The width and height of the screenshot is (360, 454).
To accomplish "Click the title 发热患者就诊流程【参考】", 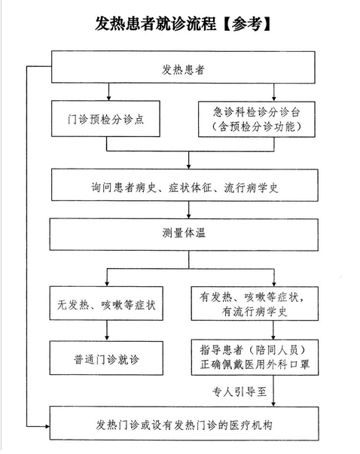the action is pyautogui.click(x=183, y=24).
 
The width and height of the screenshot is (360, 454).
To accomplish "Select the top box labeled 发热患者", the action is pyautogui.click(x=183, y=67).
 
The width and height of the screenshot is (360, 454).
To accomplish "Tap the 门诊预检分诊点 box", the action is pyautogui.click(x=105, y=118).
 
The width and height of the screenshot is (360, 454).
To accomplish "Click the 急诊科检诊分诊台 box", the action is pyautogui.click(x=257, y=119).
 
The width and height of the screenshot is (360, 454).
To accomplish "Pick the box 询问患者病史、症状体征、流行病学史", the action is pyautogui.click(x=185, y=185).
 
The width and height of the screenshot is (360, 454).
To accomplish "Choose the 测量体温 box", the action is pyautogui.click(x=184, y=234).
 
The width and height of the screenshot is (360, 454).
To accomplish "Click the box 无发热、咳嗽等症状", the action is pyautogui.click(x=106, y=303).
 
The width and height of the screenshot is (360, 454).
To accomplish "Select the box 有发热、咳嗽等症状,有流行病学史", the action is pyautogui.click(x=255, y=303).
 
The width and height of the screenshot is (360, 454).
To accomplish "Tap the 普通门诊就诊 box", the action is pyautogui.click(x=106, y=358).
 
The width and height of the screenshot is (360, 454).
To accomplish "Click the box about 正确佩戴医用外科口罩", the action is pyautogui.click(x=255, y=358).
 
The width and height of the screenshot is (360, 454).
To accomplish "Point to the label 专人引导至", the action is pyautogui.click(x=239, y=392).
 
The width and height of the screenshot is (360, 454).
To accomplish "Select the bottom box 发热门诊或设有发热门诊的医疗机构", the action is pyautogui.click(x=185, y=423).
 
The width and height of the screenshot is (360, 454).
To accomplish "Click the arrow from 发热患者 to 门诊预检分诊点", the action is pyautogui.click(x=108, y=92).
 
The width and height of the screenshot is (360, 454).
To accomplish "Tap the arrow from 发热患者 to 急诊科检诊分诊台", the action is pyautogui.click(x=274, y=93).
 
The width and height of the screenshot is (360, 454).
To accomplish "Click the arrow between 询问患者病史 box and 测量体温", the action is pyautogui.click(x=189, y=210).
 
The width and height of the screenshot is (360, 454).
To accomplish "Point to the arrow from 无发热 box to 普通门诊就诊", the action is pyautogui.click(x=107, y=331).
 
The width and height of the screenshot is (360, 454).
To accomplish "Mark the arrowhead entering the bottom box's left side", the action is pyautogui.click(x=47, y=426).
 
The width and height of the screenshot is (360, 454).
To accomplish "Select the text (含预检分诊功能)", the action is pyautogui.click(x=257, y=126).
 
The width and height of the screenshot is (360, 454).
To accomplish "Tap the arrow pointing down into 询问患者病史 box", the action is pyautogui.click(x=189, y=160).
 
